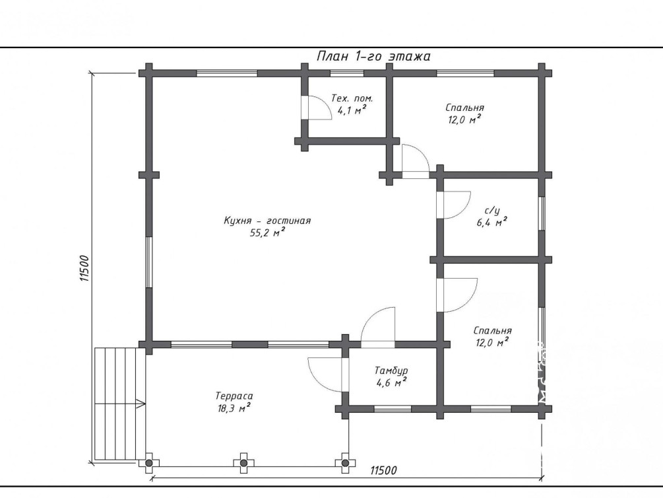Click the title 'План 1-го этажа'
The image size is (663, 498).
coord(373,56)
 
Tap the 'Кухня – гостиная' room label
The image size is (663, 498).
coord(267,221)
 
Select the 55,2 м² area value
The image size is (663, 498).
coord(267,232)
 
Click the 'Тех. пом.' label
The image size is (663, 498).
coord(352,98)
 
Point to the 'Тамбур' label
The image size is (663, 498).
coord(391,371)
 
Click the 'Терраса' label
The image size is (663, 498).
coord(234,396)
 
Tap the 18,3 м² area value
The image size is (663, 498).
coord(233,408)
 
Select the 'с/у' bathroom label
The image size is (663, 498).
coord(492,211)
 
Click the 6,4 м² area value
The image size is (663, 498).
coord(492,222)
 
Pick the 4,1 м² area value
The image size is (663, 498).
coord(352,110)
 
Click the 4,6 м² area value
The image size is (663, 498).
coord(391,383)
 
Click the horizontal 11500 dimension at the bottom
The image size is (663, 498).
coord(383,470)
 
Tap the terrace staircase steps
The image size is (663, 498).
coord(120,404)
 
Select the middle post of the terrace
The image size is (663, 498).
coord(243,463)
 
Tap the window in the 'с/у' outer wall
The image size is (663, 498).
coord(542,214)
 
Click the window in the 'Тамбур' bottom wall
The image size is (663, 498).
coord(393,409)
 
